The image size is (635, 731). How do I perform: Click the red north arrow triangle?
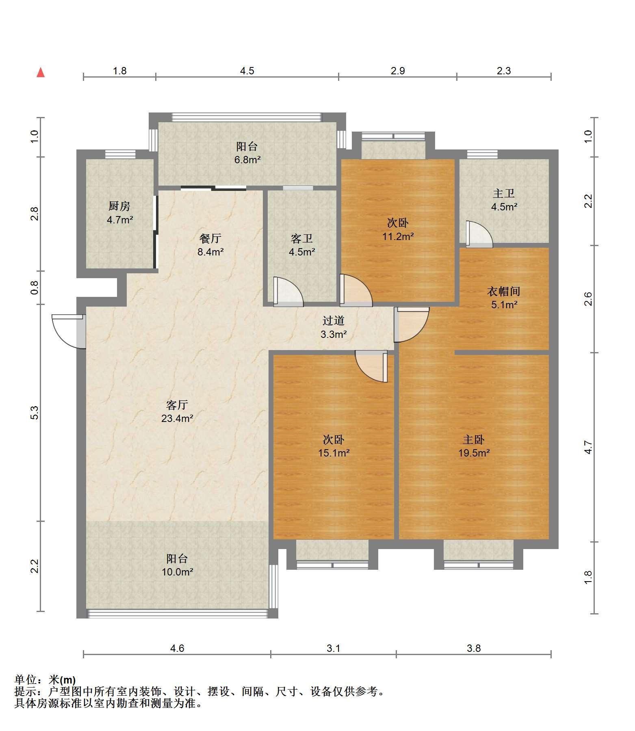click(41, 73)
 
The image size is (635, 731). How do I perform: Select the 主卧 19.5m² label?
click(474, 446)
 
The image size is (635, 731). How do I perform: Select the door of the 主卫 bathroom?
click(479, 234)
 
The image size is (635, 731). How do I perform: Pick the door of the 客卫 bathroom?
click(288, 291)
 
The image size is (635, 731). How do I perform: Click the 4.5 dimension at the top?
click(247, 71)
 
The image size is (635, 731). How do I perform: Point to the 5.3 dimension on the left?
click(35, 413)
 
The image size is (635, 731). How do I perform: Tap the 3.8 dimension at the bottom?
click(474, 648)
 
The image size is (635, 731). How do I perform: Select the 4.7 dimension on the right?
click(588, 447)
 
